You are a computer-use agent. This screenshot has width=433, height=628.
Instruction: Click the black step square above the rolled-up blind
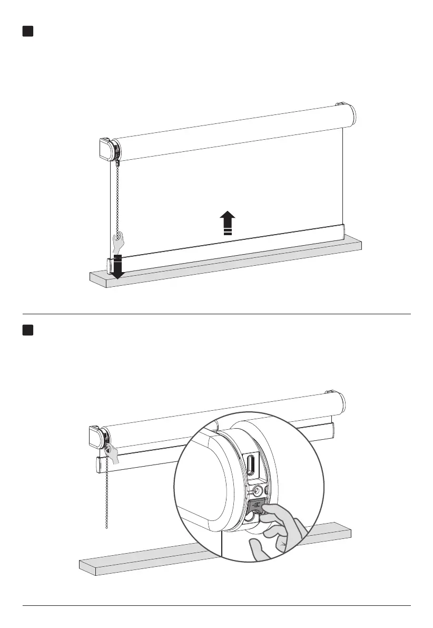coord(28,330)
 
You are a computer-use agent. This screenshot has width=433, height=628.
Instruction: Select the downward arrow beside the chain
coord(118,267)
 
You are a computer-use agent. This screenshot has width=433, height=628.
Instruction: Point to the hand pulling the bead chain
coord(119,244)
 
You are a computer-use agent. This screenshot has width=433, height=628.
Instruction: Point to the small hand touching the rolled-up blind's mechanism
coord(112,452)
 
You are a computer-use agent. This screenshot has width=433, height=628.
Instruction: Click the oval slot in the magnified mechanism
coord(251,466)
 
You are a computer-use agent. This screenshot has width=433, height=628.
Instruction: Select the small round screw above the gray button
coord(257,490)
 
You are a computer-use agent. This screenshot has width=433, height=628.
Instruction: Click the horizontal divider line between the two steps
coord(216,314)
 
